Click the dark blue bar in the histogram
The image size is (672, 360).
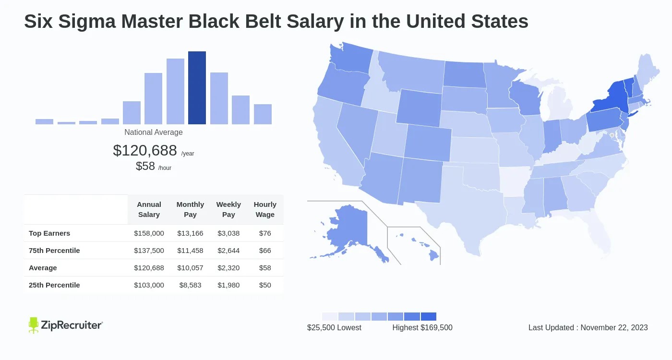(197, 87)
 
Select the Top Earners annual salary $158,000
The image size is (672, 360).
(149, 233)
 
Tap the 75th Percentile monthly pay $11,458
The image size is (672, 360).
(190, 251)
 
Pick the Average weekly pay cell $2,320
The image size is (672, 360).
(228, 268)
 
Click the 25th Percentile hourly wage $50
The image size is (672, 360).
(265, 285)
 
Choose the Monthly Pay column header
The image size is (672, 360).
(190, 209)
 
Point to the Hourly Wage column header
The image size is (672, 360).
(265, 209)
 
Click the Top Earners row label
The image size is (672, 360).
(49, 233)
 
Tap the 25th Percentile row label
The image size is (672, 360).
(54, 285)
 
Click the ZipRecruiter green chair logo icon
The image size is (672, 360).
(33, 325)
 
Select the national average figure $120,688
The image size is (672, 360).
(145, 150)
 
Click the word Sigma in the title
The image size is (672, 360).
(87, 22)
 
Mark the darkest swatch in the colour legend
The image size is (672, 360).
(428, 316)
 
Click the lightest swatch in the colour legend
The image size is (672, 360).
(330, 316)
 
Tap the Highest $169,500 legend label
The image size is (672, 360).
(422, 327)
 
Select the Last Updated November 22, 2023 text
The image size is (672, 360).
(588, 327)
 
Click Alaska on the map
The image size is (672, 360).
(351, 231)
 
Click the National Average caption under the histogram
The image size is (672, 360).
(153, 132)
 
